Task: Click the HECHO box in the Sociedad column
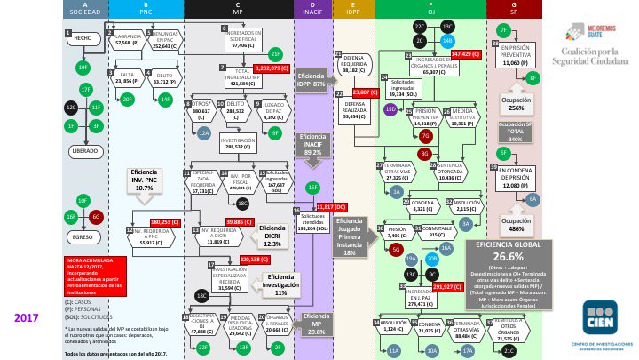tap(83, 39)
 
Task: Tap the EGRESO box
tap(83, 238)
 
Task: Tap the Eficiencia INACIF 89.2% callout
tap(312, 148)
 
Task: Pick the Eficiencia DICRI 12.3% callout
tap(272, 236)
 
